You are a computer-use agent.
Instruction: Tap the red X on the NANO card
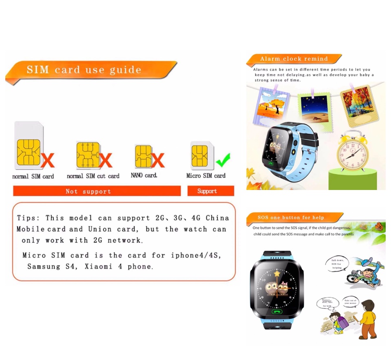point(158,160)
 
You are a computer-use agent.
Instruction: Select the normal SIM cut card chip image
point(88,155)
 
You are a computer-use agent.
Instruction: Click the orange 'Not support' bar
point(97,191)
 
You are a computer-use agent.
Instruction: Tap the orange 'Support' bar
point(211,191)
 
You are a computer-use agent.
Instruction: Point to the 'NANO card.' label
point(144,176)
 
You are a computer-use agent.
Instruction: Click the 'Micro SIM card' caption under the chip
point(206,176)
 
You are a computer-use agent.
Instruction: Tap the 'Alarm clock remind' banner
point(293,59)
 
